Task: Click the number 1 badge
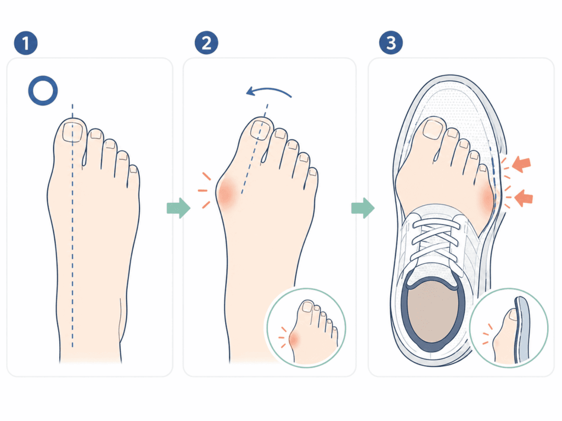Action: pos(26,43)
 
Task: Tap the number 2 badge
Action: pos(206,43)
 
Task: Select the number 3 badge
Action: pos(391,43)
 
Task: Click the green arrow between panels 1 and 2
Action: pos(178,208)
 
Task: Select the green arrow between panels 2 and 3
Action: pos(363,208)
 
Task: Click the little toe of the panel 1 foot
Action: pos(133,177)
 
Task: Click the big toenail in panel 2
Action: pos(261,129)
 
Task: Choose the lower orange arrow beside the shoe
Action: pos(524,197)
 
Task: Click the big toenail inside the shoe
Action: pos(434,129)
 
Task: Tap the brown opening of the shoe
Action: pos(432,311)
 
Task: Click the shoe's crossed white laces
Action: pos(435,238)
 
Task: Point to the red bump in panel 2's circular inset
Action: pos(294,338)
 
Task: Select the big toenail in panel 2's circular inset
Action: pos(307,306)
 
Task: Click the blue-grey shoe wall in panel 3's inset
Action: pos(522,329)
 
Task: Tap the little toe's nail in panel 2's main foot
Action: pos(313,172)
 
